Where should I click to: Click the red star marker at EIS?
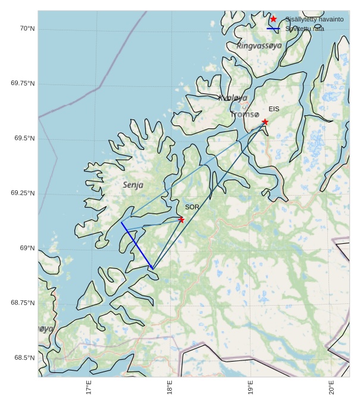(x=265, y=122)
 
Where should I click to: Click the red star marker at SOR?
(x=181, y=219)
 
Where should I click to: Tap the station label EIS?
(x=274, y=109)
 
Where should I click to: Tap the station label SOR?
(x=192, y=207)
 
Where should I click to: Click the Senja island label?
(x=133, y=185)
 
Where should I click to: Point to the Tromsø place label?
(x=245, y=114)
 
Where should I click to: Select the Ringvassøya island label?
(x=259, y=46)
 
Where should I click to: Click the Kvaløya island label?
(x=233, y=98)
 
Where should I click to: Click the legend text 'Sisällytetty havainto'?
(x=314, y=20)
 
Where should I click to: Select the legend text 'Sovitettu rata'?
(x=305, y=29)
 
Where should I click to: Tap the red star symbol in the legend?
(x=273, y=19)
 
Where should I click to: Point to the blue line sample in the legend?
(x=273, y=29)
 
